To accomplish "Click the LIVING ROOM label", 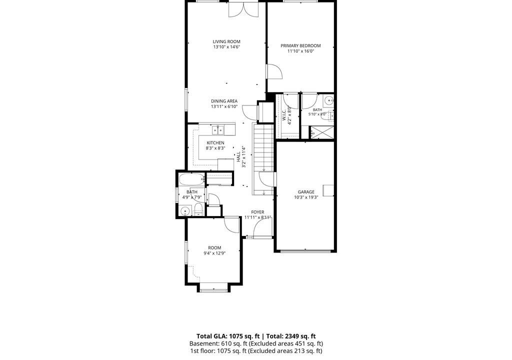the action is (x=226, y=41).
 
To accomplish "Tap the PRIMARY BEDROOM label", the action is (x=300, y=45).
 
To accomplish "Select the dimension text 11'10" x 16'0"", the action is (x=300, y=51).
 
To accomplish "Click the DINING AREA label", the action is (x=224, y=101).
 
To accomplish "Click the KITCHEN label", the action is (x=215, y=143).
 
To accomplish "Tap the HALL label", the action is (x=238, y=156).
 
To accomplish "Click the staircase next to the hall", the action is (x=263, y=159).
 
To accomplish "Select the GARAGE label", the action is (x=306, y=192).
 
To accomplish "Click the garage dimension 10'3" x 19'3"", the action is (x=306, y=197).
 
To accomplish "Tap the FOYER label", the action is (x=257, y=212).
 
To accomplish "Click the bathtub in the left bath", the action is (x=192, y=179).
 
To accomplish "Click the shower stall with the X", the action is (x=321, y=133).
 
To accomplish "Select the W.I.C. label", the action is (x=284, y=115).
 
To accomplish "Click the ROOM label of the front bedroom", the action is (x=214, y=248).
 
